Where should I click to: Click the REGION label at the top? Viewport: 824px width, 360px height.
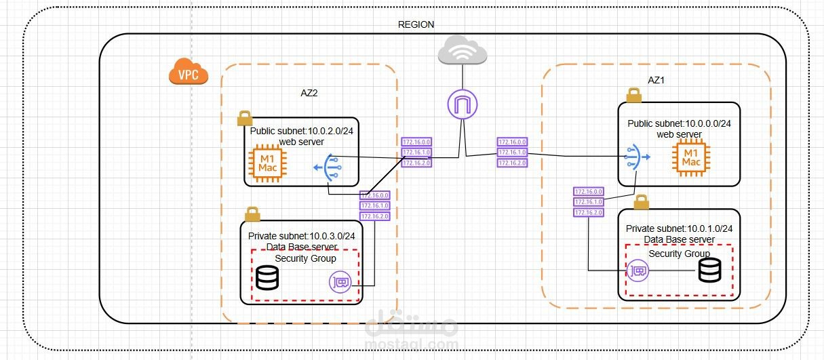pyautogui.click(x=416, y=24)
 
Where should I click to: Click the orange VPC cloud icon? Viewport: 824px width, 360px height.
pyautogui.click(x=188, y=73)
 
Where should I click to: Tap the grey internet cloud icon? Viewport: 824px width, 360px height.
pyautogui.click(x=463, y=52)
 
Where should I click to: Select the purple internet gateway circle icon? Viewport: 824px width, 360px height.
pyautogui.click(x=463, y=104)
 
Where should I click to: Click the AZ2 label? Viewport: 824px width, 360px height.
pyautogui.click(x=309, y=93)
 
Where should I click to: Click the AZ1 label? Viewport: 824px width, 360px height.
pyautogui.click(x=656, y=80)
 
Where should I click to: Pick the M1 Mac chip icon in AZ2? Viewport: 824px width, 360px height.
pyautogui.click(x=269, y=163)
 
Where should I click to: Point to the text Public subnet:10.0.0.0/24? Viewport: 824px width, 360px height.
pyautogui.click(x=679, y=123)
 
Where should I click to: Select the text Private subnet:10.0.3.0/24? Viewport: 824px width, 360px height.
pyautogui.click(x=301, y=236)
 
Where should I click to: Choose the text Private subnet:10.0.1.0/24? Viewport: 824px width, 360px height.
pyautogui.click(x=679, y=228)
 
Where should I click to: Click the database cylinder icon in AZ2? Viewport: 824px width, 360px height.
pyautogui.click(x=267, y=277)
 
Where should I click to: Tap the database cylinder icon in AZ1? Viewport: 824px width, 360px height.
pyautogui.click(x=709, y=271)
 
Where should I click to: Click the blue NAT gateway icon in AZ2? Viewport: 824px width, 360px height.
pyautogui.click(x=328, y=167)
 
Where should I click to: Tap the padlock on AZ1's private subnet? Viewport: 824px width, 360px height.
pyautogui.click(x=641, y=202)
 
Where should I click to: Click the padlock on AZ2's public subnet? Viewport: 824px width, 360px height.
pyautogui.click(x=244, y=119)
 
